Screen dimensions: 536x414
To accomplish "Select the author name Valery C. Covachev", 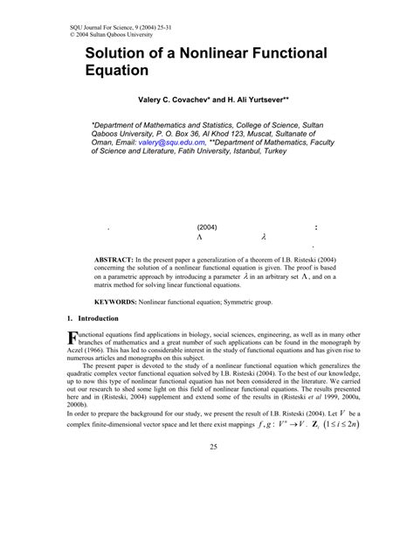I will [x=172, y=101].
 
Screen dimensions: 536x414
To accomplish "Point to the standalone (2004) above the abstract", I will [x=207, y=227].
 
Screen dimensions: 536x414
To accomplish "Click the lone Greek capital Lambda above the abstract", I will [x=200, y=237].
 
